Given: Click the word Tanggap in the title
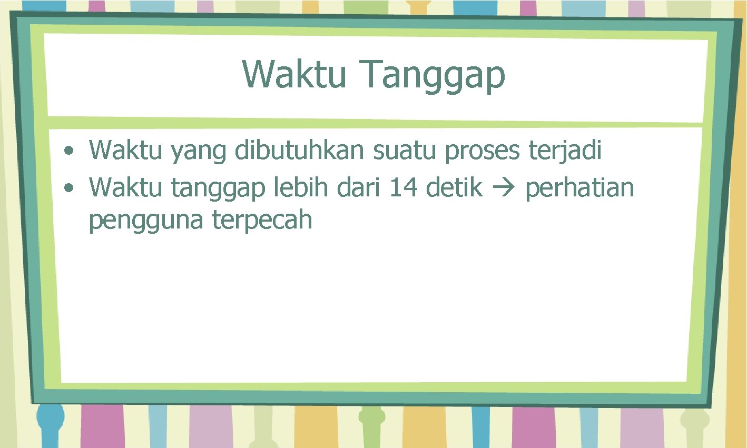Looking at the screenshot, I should coord(434,75).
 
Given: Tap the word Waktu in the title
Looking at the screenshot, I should coord(294,74).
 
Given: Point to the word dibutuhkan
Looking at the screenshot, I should coord(299,151).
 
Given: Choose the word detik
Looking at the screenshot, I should coord(454,187).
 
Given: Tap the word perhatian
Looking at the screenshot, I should coord(579,188).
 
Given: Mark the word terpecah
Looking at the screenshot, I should coord(262,221).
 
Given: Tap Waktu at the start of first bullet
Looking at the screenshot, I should coord(126,151).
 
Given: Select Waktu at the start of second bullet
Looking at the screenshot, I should coord(126,187).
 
